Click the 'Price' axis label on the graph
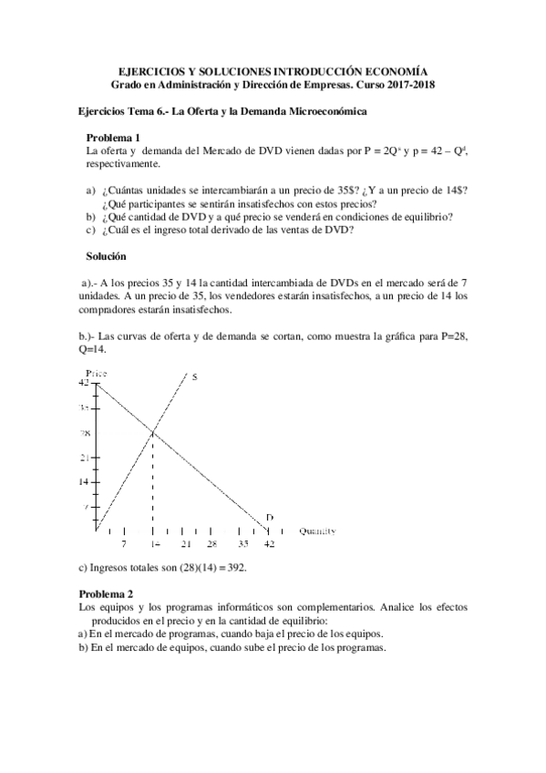(98, 374)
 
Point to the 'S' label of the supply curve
(195, 376)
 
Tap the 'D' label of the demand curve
(269, 519)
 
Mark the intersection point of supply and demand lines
(152, 431)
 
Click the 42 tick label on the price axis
(84, 383)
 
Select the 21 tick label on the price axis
(84, 457)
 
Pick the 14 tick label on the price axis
(84, 481)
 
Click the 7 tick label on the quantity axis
(124, 543)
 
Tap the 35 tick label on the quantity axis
(243, 543)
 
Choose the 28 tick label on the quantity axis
(211, 543)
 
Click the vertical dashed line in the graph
(152, 483)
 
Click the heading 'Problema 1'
(112, 137)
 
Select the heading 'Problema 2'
(106, 593)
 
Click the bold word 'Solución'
(107, 258)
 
